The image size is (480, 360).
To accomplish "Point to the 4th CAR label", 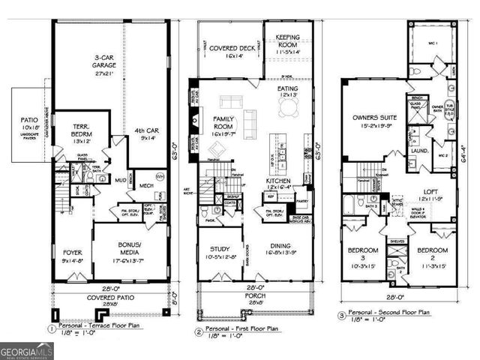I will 141,133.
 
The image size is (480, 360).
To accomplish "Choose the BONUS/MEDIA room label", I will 131,248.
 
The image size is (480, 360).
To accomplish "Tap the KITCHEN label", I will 286,181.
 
